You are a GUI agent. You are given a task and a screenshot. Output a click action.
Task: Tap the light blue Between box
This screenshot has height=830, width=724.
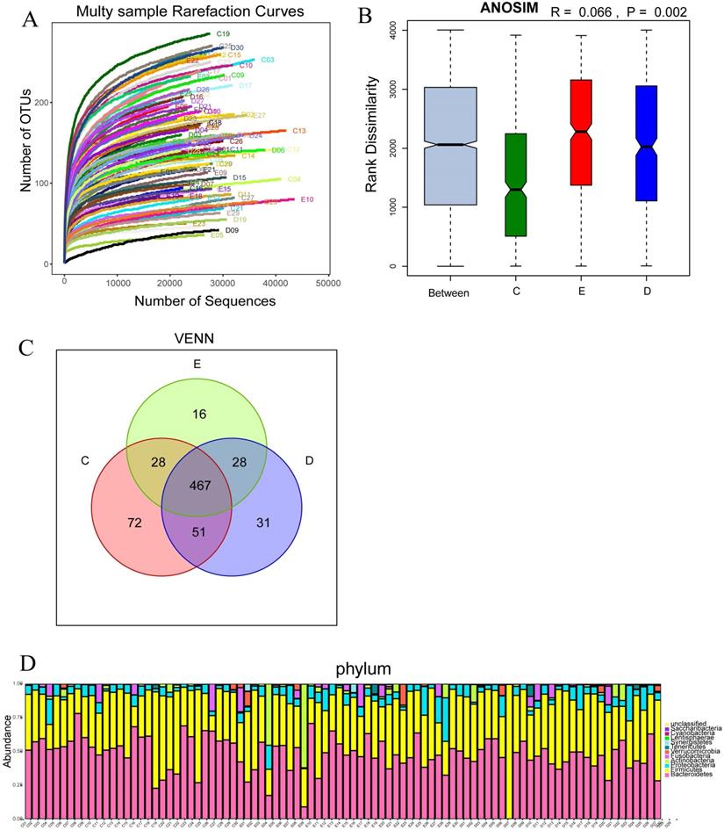(x=450, y=146)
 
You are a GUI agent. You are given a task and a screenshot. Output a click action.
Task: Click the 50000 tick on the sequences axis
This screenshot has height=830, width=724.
(x=328, y=284)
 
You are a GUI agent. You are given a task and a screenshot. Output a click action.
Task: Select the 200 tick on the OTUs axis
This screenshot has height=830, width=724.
(x=50, y=103)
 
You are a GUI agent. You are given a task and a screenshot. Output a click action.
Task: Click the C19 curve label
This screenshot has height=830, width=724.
(x=223, y=34)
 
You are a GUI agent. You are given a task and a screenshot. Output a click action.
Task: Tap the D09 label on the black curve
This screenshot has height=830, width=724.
(x=232, y=231)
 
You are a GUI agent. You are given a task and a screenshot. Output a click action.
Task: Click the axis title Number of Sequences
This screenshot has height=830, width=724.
(x=204, y=301)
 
